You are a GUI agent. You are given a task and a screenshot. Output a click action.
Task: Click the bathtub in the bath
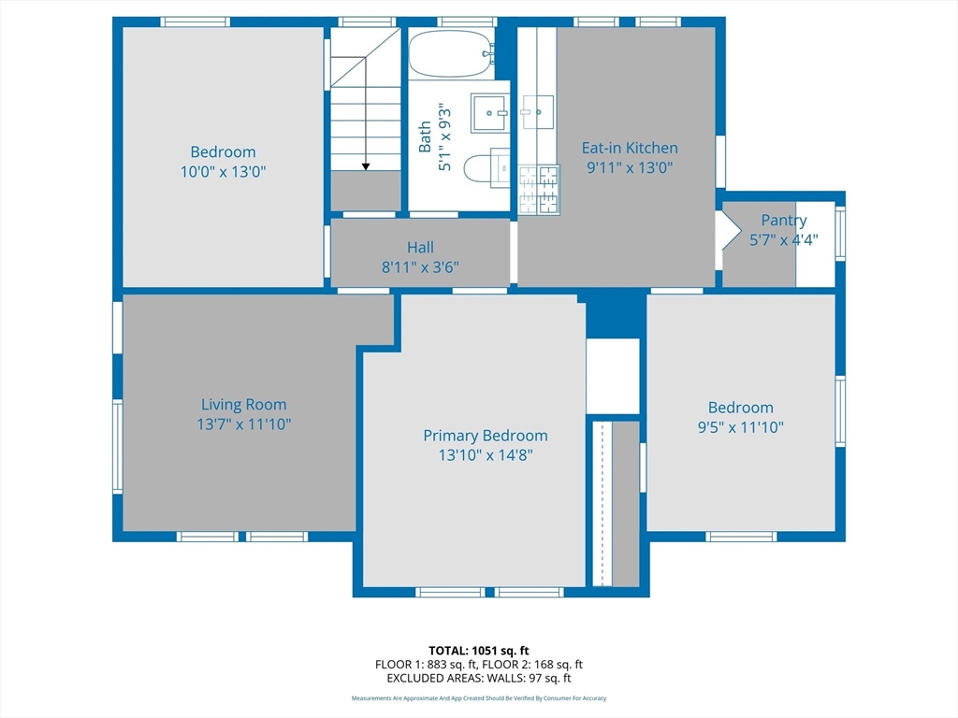coord(452,53)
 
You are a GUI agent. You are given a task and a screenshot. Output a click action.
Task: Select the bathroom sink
coord(490,113)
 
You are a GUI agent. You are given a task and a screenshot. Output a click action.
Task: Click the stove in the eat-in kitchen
coord(539,189)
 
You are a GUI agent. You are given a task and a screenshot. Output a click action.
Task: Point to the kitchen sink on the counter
coord(537,112)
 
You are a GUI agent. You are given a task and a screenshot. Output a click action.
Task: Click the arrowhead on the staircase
coord(366,166)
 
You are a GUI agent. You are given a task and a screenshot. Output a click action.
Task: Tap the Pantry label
coord(784,220)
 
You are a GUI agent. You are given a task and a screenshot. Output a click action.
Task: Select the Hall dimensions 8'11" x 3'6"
coord(420,266)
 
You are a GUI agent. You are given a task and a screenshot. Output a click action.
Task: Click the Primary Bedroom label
coord(486,436)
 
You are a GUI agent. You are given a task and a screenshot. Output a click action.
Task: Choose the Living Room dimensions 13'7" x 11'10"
coord(244,424)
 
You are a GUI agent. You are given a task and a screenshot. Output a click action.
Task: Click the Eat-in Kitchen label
coord(630,148)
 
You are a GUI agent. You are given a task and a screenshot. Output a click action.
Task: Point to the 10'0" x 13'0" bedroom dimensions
coord(223,172)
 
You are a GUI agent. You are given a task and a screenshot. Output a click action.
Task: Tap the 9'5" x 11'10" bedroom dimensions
coord(741,426)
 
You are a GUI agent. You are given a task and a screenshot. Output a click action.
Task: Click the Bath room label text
coord(425,136)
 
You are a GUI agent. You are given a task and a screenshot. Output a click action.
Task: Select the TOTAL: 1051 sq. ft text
coord(479,651)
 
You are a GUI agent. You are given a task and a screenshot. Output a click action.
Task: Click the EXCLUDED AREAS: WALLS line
coord(479,678)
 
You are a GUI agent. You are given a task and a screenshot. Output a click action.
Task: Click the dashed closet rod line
coord(602,503)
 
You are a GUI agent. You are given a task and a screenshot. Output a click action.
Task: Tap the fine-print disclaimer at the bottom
coord(479,697)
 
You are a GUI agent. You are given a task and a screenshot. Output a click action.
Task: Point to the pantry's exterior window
coord(840,233)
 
